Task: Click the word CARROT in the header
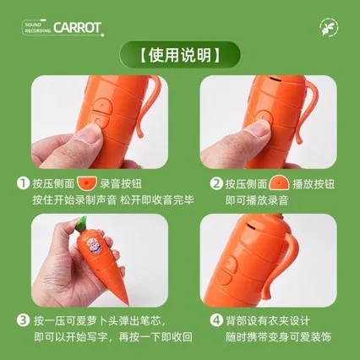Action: [77, 28]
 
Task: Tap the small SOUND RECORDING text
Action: [38, 28]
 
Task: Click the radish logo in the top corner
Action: [329, 28]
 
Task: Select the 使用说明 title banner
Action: [180, 55]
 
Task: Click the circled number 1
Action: [23, 183]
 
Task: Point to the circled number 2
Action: [216, 183]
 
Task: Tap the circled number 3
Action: [23, 320]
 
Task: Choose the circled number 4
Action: [216, 320]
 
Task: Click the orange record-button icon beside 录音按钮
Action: [87, 183]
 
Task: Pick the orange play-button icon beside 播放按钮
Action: [279, 183]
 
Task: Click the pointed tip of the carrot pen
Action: [128, 303]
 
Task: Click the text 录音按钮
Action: [121, 184]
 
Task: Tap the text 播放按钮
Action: [314, 184]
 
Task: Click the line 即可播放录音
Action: [257, 200]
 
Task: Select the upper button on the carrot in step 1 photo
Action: [103, 105]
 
